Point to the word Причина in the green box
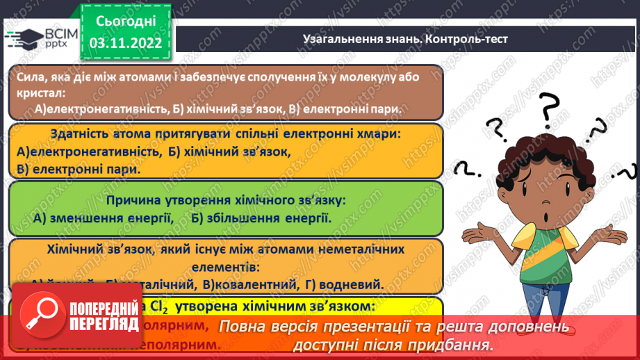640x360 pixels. tap(131, 201)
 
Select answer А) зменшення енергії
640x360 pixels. tap(102, 218)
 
